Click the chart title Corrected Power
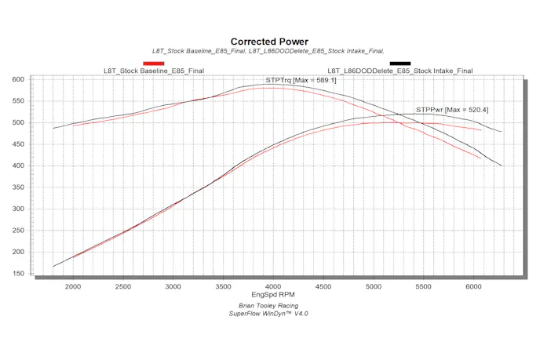point(269,42)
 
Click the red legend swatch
point(153,63)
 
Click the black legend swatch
point(400,63)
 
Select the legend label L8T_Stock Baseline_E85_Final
point(154,71)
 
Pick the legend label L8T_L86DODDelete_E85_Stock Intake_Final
point(400,71)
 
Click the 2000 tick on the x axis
point(73,288)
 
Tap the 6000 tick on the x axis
point(473,288)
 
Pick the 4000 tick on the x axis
point(273,288)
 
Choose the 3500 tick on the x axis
point(223,288)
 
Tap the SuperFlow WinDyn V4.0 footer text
point(269,315)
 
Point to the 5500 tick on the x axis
point(423,288)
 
